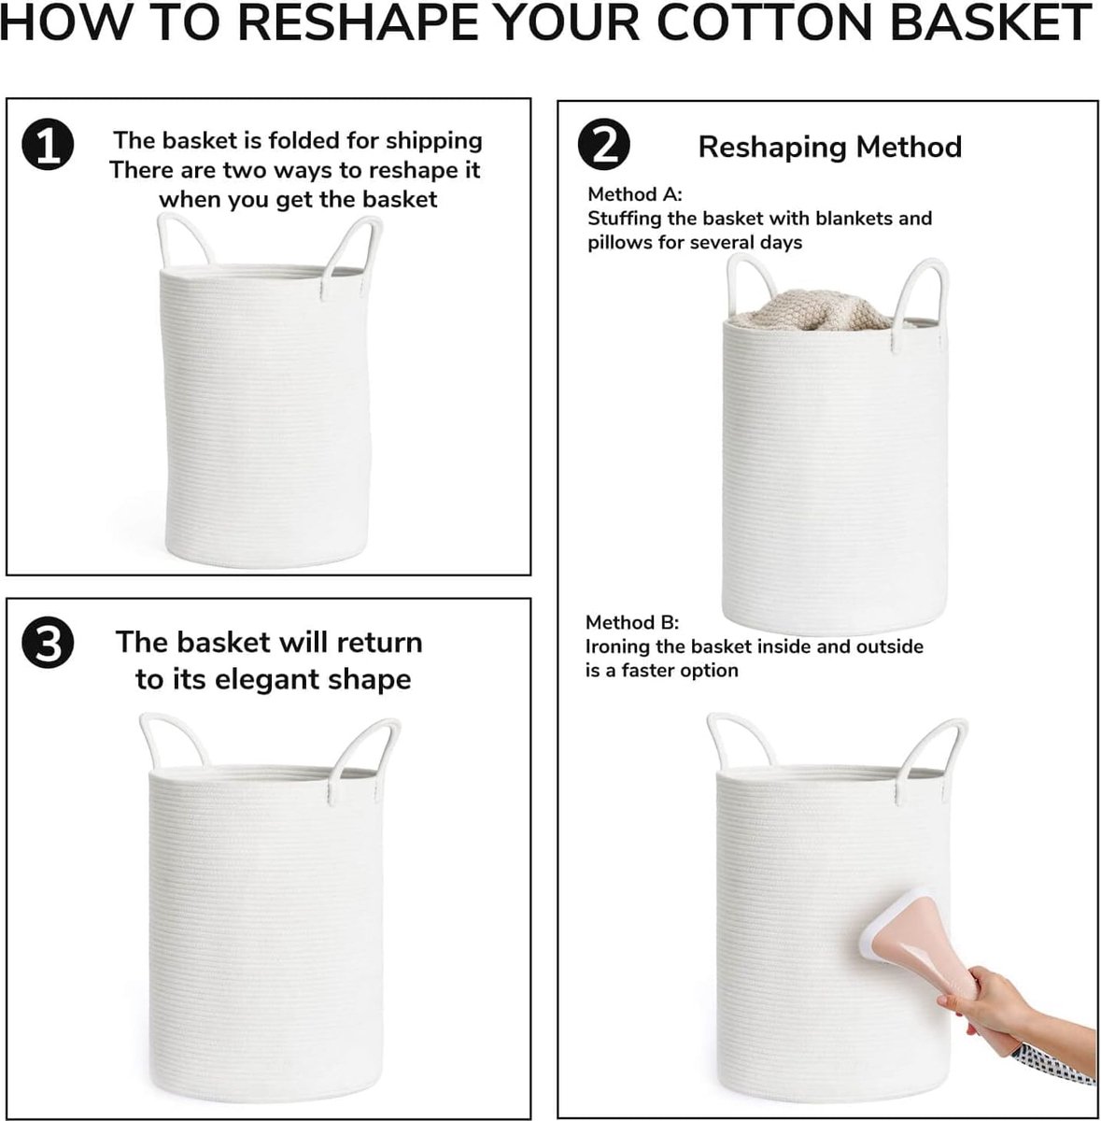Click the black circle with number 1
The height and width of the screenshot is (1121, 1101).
click(48, 146)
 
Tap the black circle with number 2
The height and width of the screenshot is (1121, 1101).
click(603, 145)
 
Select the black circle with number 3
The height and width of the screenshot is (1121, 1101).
click(47, 646)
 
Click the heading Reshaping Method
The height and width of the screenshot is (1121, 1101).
click(829, 147)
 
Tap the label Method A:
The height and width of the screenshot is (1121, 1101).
click(634, 194)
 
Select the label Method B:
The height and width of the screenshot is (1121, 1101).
click(632, 622)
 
